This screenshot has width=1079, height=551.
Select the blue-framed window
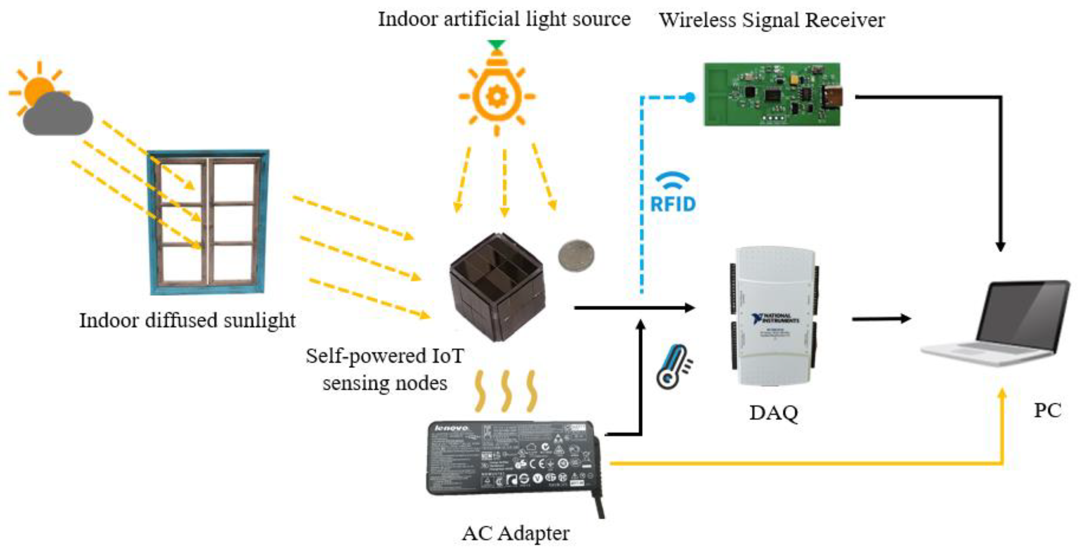pyautogui.click(x=208, y=222)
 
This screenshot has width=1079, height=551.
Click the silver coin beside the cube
pyautogui.click(x=576, y=255)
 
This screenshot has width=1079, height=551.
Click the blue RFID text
pyautogui.click(x=673, y=204)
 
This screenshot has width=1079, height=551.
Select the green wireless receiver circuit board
pyautogui.click(x=771, y=95)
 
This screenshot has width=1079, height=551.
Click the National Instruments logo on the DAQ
pyautogui.click(x=775, y=318)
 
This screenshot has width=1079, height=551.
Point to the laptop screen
pyautogui.click(x=1022, y=314)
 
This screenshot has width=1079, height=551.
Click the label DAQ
pyautogui.click(x=773, y=413)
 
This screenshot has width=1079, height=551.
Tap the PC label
pyautogui.click(x=1047, y=410)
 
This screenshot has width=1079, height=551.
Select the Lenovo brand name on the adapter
pyautogui.click(x=452, y=428)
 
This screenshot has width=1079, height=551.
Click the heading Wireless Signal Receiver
pyautogui.click(x=771, y=20)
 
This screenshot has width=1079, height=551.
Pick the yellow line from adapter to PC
pyautogui.click(x=796, y=464)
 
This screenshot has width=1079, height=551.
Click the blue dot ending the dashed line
pyautogui.click(x=690, y=98)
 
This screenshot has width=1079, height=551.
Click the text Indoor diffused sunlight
pyautogui.click(x=187, y=321)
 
